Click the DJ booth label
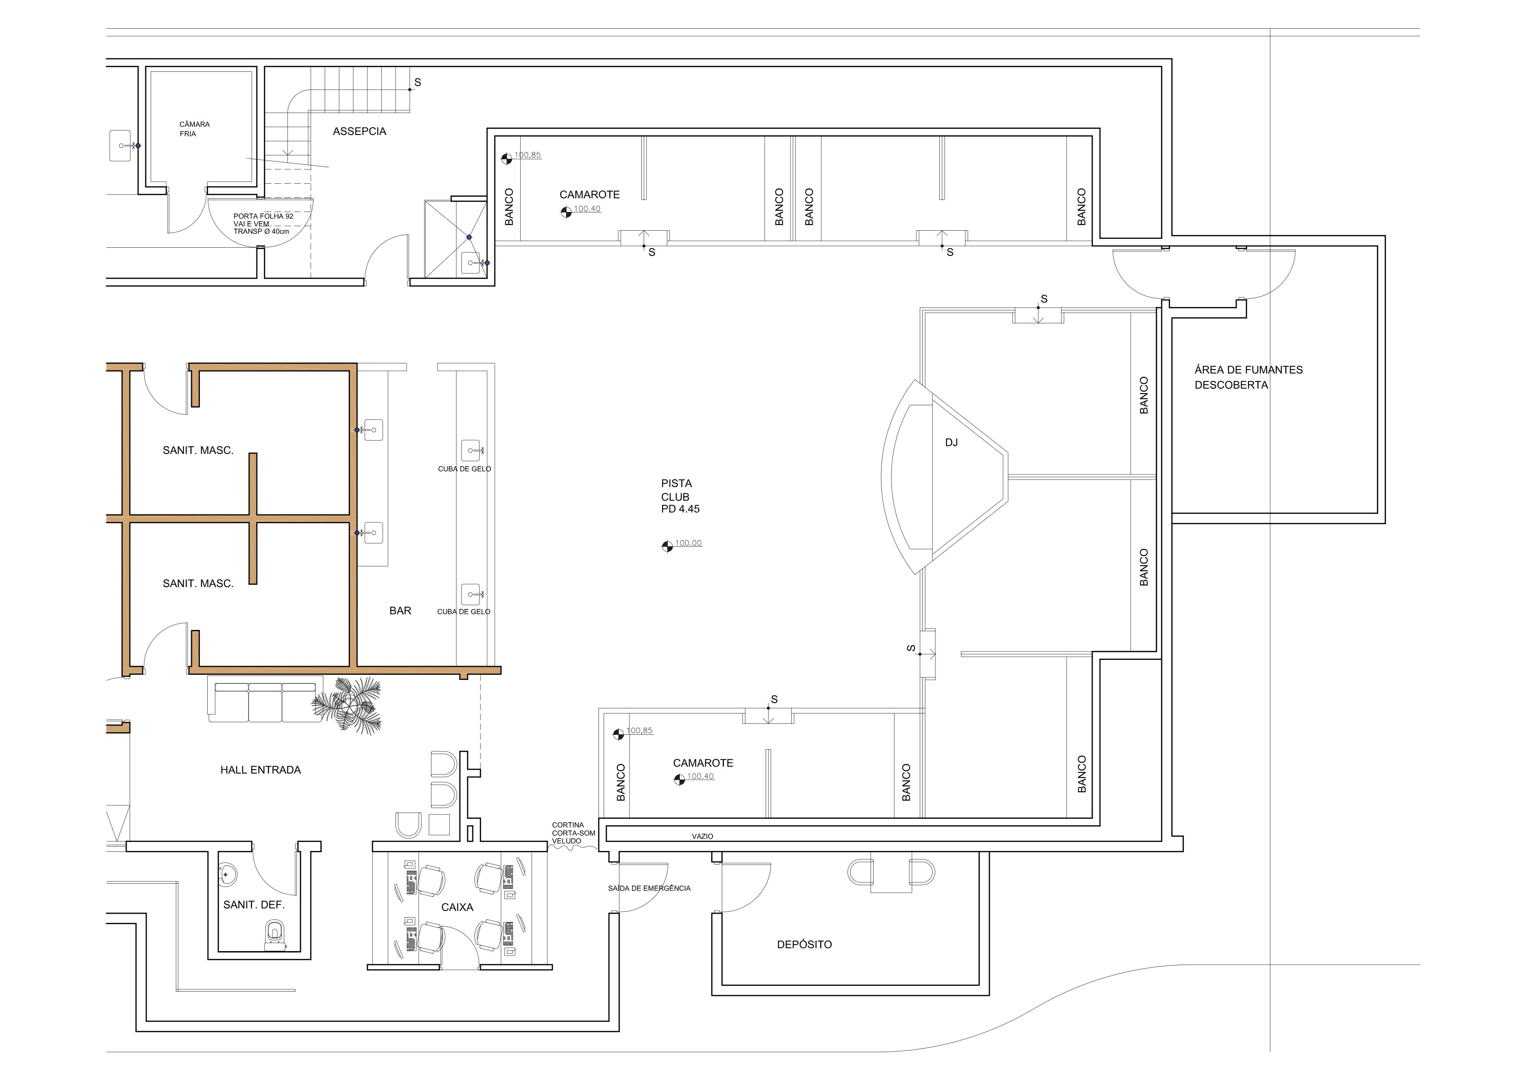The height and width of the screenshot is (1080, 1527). tap(951, 442)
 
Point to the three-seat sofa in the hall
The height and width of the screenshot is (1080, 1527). tap(265, 702)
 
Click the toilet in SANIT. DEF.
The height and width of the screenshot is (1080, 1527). tap(274, 934)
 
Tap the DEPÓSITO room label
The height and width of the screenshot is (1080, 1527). tap(804, 944)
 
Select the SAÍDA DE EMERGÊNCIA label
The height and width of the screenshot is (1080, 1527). tap(649, 888)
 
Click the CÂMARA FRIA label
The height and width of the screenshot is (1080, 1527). tap(194, 129)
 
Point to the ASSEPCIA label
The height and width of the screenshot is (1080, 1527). tap(359, 131)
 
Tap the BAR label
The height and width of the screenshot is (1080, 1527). tap(400, 610)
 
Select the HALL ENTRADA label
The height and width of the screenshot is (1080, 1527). tap(261, 770)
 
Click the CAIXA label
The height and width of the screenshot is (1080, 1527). tap(457, 907)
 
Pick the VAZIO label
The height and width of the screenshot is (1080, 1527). tap(702, 837)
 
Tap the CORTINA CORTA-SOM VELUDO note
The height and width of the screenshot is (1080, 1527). tap(573, 833)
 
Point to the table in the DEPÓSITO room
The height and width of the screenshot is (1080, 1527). tap(891, 872)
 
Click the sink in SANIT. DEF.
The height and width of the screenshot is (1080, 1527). tap(228, 875)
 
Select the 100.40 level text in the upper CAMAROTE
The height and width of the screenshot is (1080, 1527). tap(587, 209)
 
